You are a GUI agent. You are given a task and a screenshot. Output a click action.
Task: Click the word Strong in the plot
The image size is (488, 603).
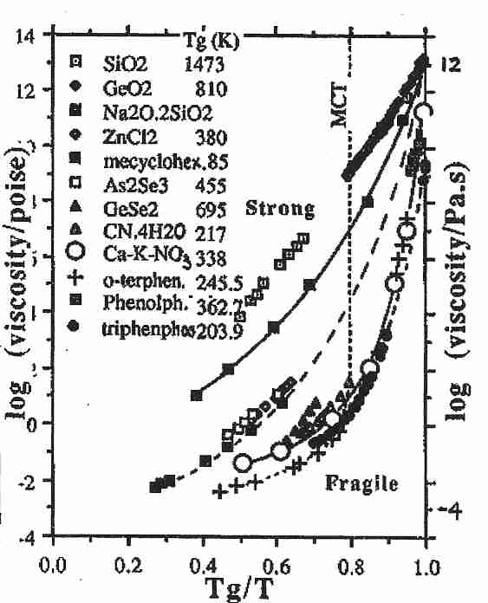[280, 209]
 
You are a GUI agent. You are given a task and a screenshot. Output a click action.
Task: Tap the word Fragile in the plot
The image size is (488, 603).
[362, 483]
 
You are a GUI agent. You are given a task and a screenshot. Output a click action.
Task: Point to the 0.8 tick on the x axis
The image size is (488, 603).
[350, 555]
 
